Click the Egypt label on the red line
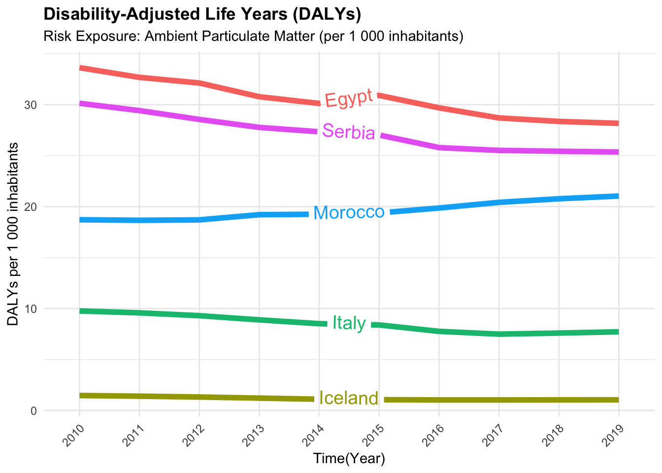pos(349,98)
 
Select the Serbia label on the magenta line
pos(349,132)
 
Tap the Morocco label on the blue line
pos(349,212)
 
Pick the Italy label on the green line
pos(349,323)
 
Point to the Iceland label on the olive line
pos(349,398)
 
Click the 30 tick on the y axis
pos(31,105)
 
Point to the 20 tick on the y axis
pos(31,207)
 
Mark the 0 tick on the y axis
pos(33,410)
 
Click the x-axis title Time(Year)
pos(349,459)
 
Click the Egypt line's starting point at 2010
pos(80,68)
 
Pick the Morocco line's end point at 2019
pos(618,196)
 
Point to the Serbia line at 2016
pos(439,147)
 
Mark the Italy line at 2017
pos(498,334)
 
